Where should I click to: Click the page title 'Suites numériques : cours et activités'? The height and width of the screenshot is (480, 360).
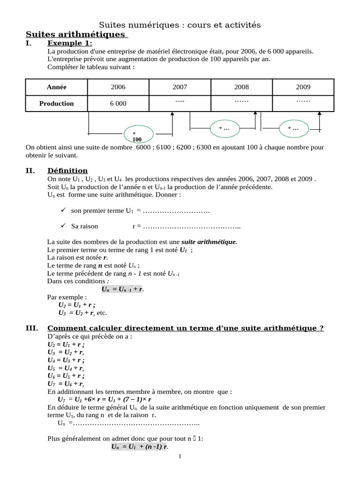pyautogui.click(x=180, y=24)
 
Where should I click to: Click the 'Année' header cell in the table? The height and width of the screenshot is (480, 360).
pyautogui.click(x=57, y=87)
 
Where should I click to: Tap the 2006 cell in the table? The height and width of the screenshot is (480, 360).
pyautogui.click(x=118, y=87)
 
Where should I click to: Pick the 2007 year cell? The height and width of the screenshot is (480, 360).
pyautogui.click(x=180, y=87)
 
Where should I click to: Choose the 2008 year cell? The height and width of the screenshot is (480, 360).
pyautogui.click(x=241, y=87)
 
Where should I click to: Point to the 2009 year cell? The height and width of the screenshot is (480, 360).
pyautogui.click(x=303, y=87)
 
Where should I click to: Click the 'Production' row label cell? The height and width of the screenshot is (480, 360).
pyautogui.click(x=57, y=104)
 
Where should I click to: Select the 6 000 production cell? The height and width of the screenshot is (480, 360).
pyautogui.click(x=118, y=104)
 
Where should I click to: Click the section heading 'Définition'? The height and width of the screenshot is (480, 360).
pyautogui.click(x=67, y=171)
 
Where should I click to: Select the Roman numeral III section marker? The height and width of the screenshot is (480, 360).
pyautogui.click(x=32, y=328)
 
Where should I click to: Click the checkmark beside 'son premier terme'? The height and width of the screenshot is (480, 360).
pyautogui.click(x=64, y=211)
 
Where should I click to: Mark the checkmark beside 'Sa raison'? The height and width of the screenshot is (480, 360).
pyautogui.click(x=64, y=226)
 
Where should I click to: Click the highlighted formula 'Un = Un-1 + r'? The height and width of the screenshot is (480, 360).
pyautogui.click(x=122, y=289)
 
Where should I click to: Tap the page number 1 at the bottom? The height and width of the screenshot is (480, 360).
pyautogui.click(x=180, y=457)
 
